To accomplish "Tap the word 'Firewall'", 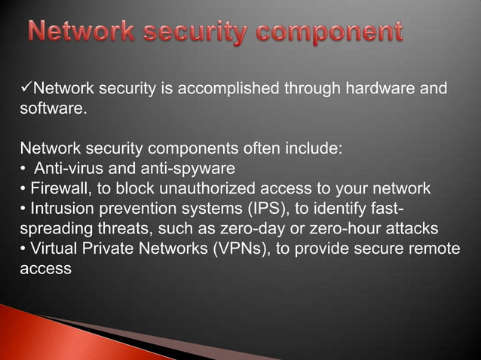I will click(57, 188).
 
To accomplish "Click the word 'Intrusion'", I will click(60, 208).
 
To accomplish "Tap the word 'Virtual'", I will click(54, 248).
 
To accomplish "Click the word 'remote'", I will click(434, 248).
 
